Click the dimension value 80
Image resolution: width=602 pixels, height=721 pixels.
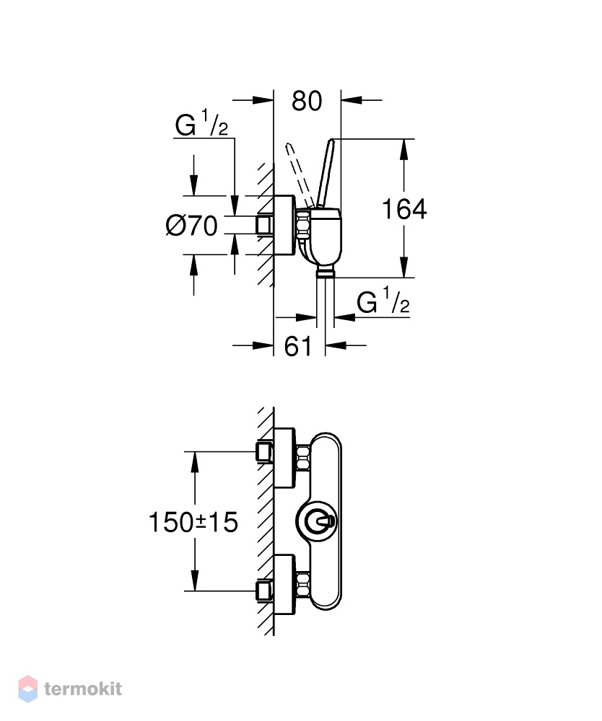click(307, 101)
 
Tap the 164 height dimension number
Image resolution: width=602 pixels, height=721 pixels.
click(404, 209)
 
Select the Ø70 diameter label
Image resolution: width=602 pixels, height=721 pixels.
click(191, 226)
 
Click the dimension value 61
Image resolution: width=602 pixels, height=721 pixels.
click(298, 347)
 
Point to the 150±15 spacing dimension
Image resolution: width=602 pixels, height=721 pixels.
click(193, 522)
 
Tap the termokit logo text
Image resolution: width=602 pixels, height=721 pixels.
click(83, 689)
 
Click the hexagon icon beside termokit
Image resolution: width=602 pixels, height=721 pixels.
click(28, 689)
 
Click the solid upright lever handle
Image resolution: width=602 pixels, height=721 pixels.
click(326, 172)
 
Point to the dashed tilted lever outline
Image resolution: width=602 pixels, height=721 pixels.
click(299, 174)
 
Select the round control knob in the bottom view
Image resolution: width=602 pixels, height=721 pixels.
click(317, 522)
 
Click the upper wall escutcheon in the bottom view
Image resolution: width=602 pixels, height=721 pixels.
click(284, 458)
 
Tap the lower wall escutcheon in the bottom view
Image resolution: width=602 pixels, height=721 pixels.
click(284, 585)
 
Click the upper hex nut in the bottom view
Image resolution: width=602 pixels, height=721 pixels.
click(303, 458)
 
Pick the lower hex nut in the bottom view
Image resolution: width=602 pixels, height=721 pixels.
click(303, 585)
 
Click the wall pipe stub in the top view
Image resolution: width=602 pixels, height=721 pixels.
click(265, 225)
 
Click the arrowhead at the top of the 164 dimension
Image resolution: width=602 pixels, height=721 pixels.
click(404, 149)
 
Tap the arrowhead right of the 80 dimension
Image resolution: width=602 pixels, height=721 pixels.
click(351, 99)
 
